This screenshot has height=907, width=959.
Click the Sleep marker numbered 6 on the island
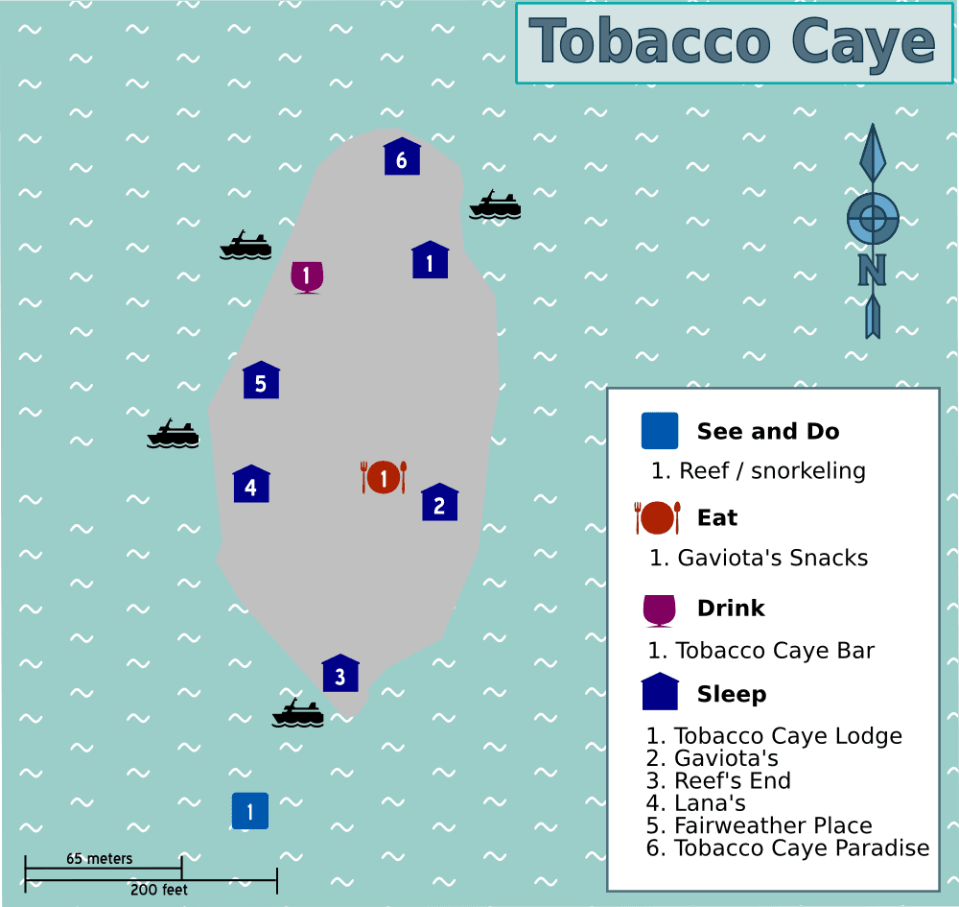click(402, 158)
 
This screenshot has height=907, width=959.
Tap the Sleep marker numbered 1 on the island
click(430, 261)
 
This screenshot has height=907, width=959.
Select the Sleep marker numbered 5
click(261, 382)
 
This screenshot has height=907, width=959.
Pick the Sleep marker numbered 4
click(250, 486)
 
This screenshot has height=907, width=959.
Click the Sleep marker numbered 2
click(439, 504)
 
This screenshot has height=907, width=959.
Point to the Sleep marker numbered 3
click(339, 675)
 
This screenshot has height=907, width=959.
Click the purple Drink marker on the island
click(307, 276)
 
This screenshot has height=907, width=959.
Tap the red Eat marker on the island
click(384, 477)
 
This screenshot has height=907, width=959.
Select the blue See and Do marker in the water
click(250, 811)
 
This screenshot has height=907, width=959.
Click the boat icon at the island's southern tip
click(297, 713)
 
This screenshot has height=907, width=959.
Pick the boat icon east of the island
click(495, 204)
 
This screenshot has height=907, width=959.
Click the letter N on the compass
click(872, 271)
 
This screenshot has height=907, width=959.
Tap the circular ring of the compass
click(873, 219)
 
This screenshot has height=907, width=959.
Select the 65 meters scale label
click(100, 858)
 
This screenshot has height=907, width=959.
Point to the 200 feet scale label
click(159, 890)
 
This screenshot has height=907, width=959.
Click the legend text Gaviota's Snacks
click(772, 558)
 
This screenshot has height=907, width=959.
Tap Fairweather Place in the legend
click(773, 825)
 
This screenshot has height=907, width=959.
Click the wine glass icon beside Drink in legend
click(659, 610)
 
